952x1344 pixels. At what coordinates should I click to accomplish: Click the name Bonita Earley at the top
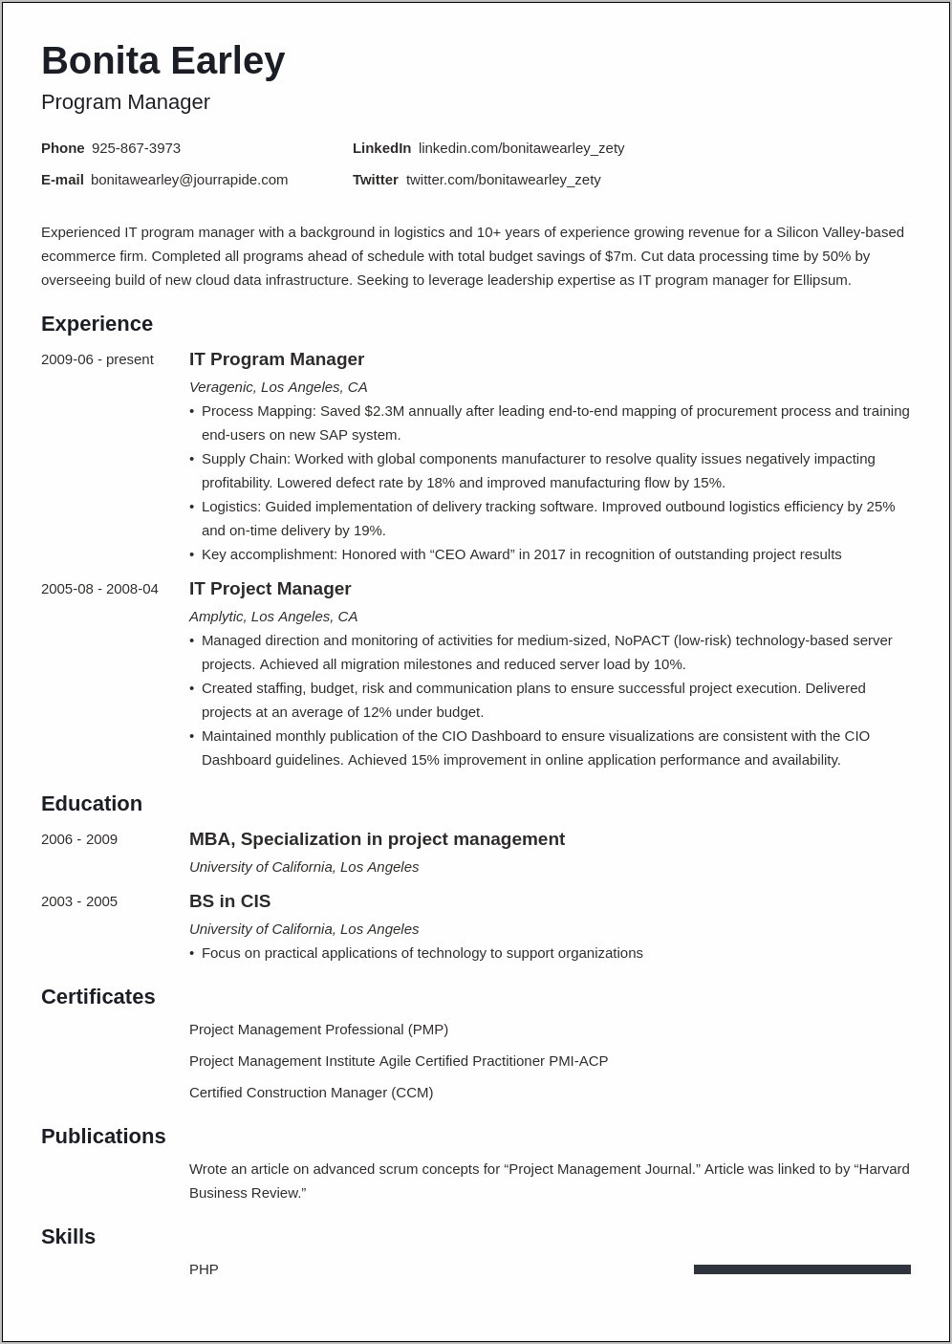tap(162, 61)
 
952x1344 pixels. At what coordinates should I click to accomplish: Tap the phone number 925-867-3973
tap(136, 148)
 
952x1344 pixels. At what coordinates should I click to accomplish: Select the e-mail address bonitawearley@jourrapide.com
tap(189, 180)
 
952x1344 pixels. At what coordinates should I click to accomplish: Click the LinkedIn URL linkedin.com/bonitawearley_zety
tap(521, 148)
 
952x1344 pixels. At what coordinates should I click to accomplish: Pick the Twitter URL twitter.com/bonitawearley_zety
tap(503, 180)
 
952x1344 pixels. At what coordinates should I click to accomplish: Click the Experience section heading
tap(97, 324)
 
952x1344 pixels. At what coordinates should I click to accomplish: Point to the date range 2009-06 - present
tap(97, 359)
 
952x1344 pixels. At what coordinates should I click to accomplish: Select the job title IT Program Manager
tap(276, 359)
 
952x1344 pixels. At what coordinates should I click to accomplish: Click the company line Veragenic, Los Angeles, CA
tap(278, 387)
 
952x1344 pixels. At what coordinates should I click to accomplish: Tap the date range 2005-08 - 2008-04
tap(99, 589)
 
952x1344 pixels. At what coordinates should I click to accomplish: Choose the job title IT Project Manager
tap(270, 589)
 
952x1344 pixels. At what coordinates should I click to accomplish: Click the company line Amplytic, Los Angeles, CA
tap(273, 617)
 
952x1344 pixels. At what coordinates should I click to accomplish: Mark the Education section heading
tap(92, 804)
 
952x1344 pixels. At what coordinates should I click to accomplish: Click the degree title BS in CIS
tap(229, 901)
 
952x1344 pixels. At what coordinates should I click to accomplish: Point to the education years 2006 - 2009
tap(79, 839)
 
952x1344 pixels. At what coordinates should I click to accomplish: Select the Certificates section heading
tap(97, 997)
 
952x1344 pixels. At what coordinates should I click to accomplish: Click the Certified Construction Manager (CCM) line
tap(311, 1093)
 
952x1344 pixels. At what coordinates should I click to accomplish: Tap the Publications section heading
tap(103, 1137)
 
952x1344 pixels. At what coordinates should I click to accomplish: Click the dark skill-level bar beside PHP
tap(802, 1269)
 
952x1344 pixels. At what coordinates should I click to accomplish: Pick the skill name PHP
tap(204, 1269)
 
